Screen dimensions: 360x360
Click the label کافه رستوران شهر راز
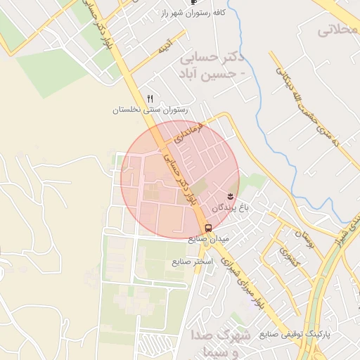click(x=191, y=14)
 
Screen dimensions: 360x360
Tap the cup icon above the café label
click(x=194, y=3)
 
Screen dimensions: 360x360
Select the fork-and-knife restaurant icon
click(x=150, y=98)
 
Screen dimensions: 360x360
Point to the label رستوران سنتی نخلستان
click(x=151, y=110)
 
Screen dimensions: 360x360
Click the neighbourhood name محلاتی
click(x=337, y=30)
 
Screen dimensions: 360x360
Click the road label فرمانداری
click(x=191, y=131)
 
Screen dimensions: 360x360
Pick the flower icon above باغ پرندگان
click(x=231, y=194)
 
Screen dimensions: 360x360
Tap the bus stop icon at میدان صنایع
click(x=208, y=227)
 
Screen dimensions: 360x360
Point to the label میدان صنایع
click(x=209, y=239)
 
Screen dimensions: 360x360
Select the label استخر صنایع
click(x=192, y=262)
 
